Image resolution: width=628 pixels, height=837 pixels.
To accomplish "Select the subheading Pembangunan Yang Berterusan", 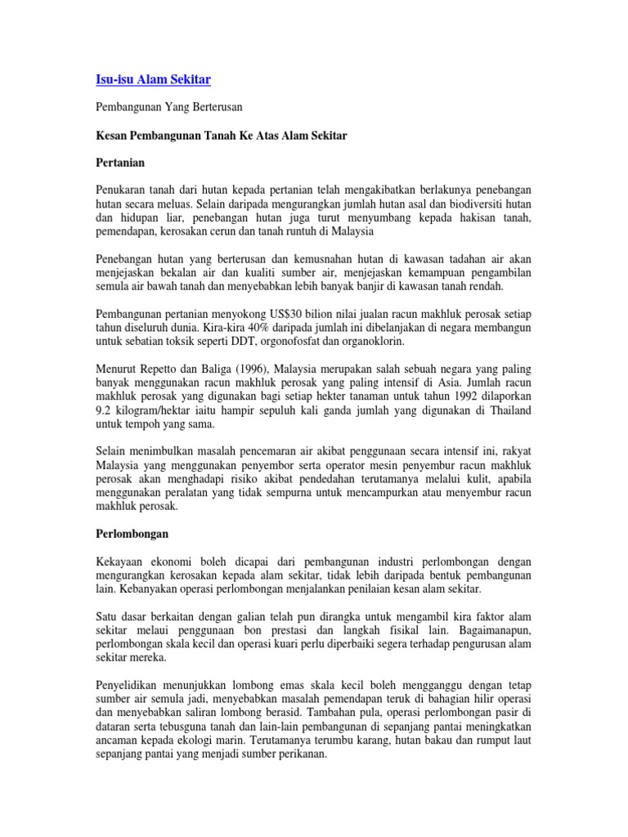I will (169, 107).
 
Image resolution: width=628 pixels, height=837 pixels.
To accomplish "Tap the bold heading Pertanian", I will (121, 163).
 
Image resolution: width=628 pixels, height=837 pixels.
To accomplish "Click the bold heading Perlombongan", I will (132, 534).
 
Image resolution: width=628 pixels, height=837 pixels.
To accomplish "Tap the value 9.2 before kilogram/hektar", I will (105, 411).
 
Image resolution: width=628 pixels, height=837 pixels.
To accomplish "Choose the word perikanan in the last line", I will (301, 754).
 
